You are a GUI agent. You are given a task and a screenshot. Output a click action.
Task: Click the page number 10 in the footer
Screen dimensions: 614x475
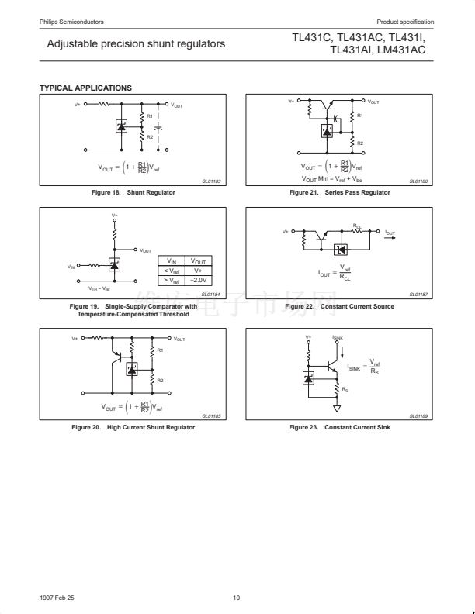237,598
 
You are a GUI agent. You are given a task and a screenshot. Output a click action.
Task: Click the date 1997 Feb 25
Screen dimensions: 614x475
57,598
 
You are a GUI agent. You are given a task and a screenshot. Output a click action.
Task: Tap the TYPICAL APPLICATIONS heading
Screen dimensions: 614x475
85,88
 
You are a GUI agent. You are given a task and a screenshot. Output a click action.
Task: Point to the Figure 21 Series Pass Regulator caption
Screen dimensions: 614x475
340,192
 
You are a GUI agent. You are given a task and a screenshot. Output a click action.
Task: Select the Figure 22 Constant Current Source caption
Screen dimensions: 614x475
340,306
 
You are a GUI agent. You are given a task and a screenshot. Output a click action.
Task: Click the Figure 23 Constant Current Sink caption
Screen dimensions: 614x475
340,427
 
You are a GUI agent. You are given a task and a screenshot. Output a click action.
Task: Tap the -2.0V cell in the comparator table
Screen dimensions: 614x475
200,279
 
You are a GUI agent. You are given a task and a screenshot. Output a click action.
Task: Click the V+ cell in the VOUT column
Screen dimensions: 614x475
200,270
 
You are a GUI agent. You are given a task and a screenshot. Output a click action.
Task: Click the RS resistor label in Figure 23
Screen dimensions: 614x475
345,390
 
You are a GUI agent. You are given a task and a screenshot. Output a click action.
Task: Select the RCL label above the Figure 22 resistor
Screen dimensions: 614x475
357,226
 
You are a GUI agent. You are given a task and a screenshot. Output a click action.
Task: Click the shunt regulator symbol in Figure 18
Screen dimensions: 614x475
121,126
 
